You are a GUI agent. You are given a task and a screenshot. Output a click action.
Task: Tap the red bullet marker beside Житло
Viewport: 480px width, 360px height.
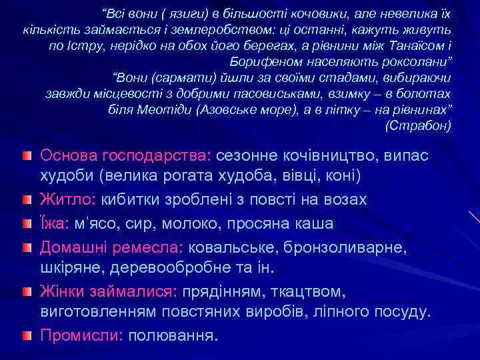coord(25,199)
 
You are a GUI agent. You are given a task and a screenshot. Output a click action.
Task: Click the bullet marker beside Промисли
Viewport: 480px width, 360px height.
coord(25,333)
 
